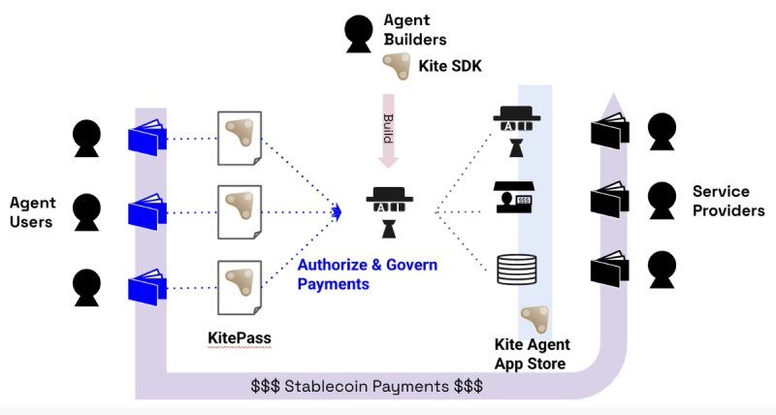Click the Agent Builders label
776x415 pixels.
416,29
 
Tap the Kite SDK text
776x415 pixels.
450,66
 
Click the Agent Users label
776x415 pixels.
33,212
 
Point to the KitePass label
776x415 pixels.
239,338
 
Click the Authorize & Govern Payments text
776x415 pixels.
367,274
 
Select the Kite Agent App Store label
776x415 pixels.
533,354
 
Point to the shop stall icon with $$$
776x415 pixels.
513,198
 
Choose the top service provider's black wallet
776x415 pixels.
610,133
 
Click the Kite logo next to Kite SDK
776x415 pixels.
396,65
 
